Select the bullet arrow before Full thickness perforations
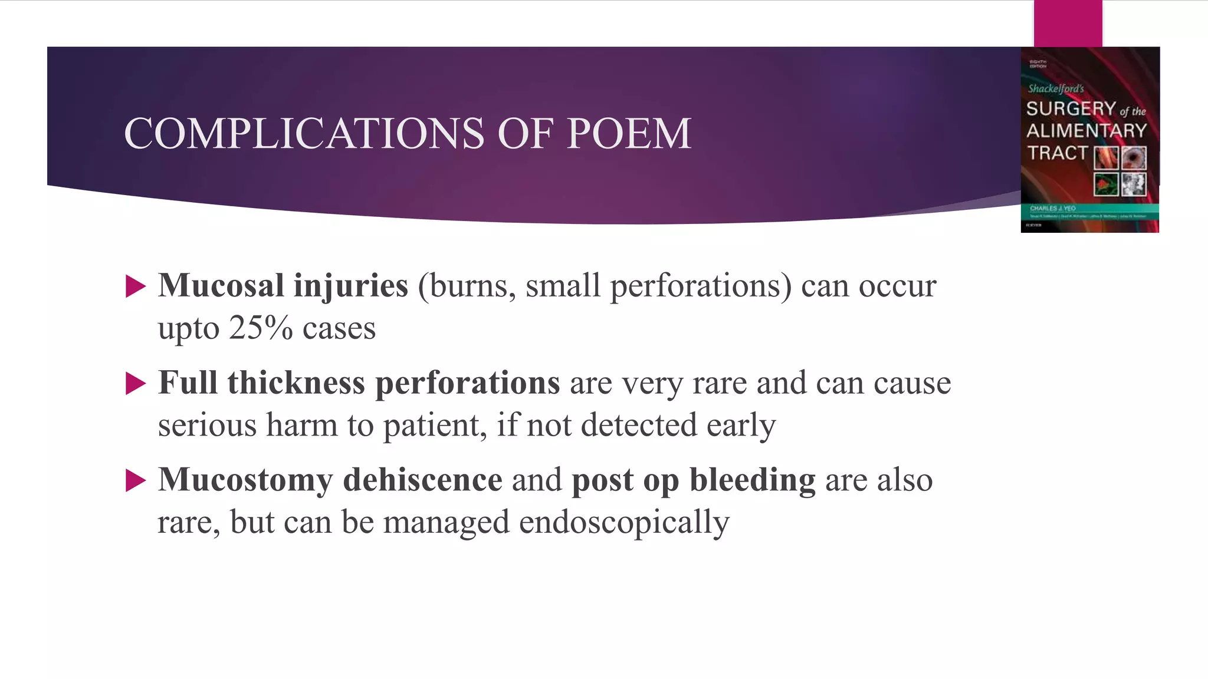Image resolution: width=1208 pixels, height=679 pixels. [x=136, y=384]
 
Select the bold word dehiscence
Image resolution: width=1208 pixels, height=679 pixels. [x=422, y=479]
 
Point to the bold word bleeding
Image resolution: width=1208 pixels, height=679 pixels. [x=753, y=480]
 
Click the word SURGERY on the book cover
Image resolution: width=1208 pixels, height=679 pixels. [x=1071, y=108]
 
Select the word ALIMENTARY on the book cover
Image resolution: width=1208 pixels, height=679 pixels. [x=1086, y=131]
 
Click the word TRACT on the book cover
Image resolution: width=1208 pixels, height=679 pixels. [x=1057, y=153]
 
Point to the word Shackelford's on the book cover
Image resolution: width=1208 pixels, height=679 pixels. [x=1056, y=89]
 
